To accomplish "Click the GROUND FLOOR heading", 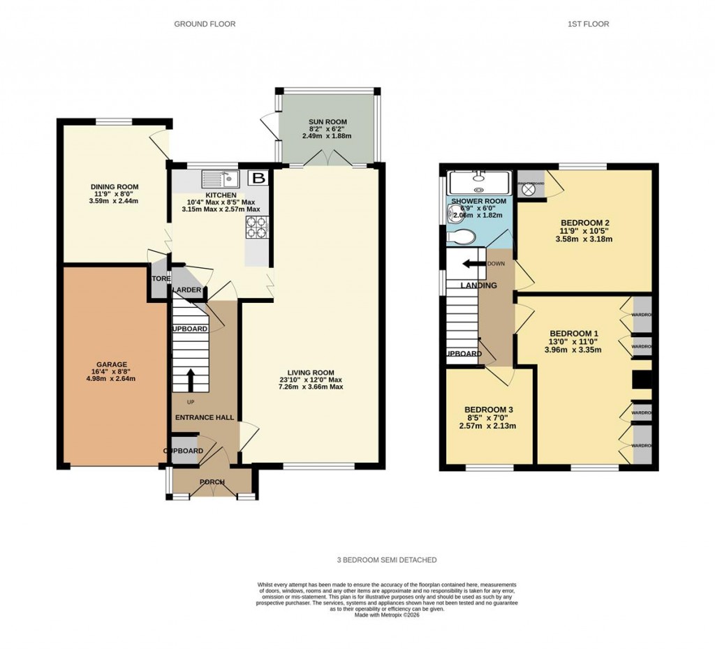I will pyautogui.click(x=205, y=24).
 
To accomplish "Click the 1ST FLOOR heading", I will pyautogui.click(x=588, y=24).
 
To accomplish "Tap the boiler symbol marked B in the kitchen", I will pyautogui.click(x=258, y=178).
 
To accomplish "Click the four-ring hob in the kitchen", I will pyautogui.click(x=256, y=226).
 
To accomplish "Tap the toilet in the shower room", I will pyautogui.click(x=463, y=237).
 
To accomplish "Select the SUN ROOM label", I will pyautogui.click(x=328, y=122).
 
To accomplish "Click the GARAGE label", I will pyautogui.click(x=112, y=364).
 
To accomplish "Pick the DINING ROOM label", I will pyautogui.click(x=115, y=187).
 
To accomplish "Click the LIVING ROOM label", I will pyautogui.click(x=309, y=372).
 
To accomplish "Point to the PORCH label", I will pyautogui.click(x=212, y=482).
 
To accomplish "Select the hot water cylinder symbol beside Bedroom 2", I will pyautogui.click(x=529, y=188).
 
